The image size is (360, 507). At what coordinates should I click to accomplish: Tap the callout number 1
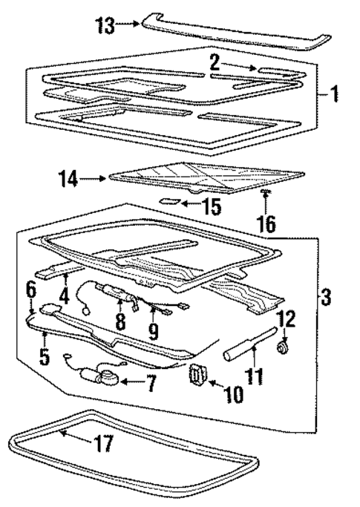point(335,94)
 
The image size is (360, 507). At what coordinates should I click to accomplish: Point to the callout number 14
point(70,178)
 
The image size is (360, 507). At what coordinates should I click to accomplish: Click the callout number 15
point(212,206)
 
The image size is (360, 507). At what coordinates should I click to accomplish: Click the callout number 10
point(233,394)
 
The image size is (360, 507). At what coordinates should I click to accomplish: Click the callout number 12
point(286,318)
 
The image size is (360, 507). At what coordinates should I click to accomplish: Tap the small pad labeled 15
point(170,200)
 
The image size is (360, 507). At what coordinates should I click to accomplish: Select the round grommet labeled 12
point(283,346)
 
